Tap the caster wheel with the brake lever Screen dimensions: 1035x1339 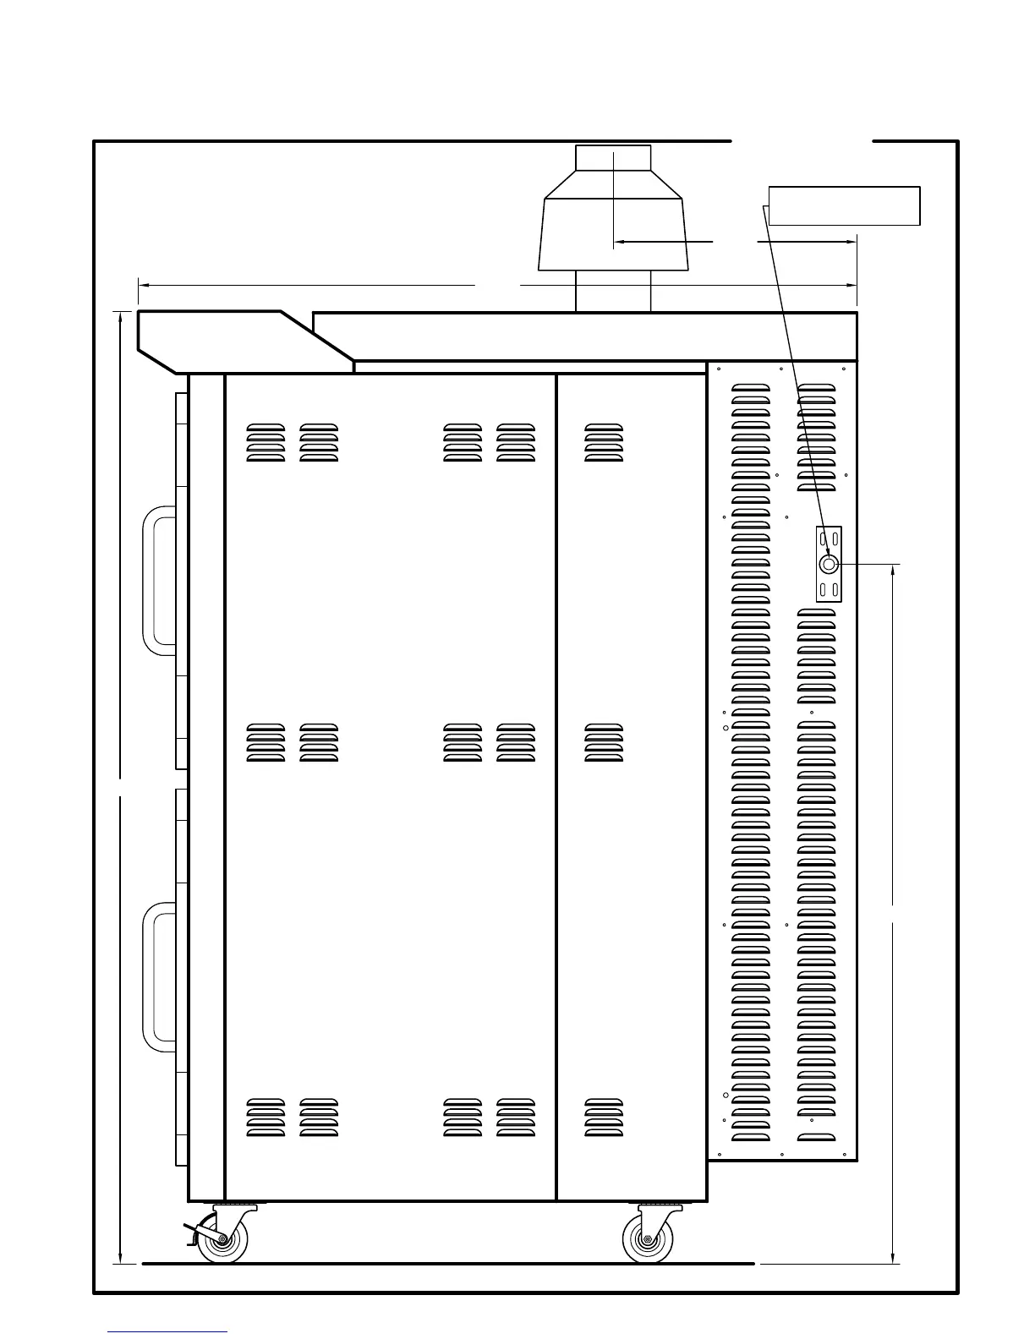click(x=222, y=1240)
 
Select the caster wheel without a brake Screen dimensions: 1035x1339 click(x=647, y=1240)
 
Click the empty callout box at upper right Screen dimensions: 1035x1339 click(x=844, y=206)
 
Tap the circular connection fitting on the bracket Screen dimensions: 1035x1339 click(x=829, y=564)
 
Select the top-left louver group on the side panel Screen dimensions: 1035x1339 click(x=266, y=442)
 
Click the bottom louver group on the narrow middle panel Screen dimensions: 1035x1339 click(x=604, y=1117)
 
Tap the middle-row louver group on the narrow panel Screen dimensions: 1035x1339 click(x=604, y=743)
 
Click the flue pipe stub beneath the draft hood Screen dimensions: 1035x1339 click(x=613, y=291)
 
